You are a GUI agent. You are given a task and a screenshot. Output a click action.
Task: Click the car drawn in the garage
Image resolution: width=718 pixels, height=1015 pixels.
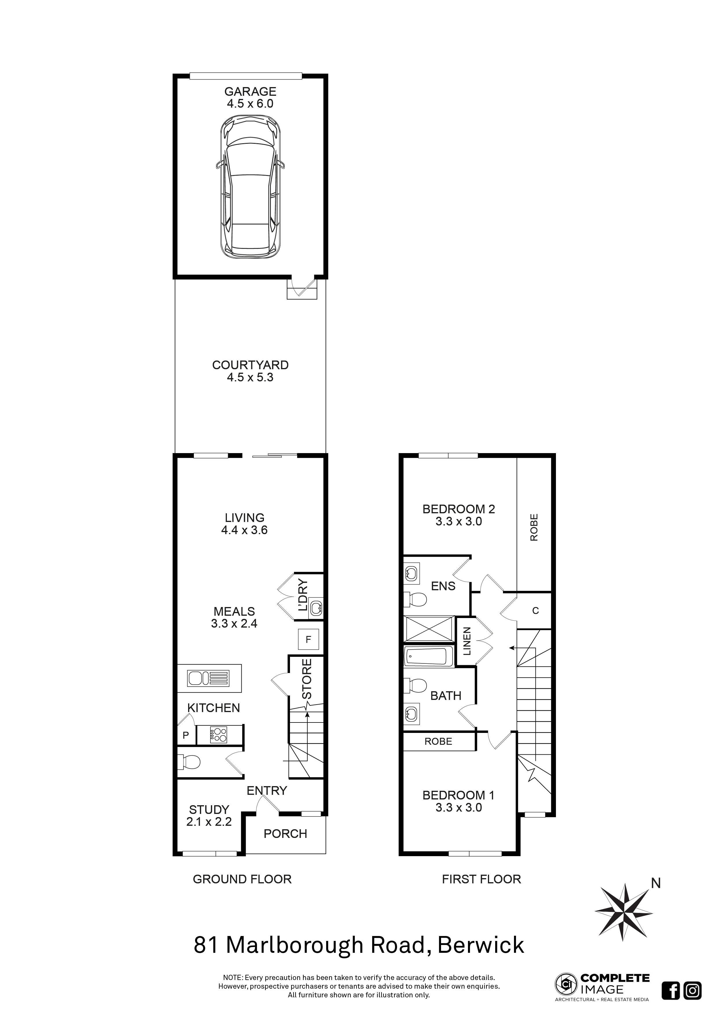click(251, 187)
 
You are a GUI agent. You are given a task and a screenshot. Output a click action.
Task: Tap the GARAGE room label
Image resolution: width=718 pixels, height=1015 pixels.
click(250, 91)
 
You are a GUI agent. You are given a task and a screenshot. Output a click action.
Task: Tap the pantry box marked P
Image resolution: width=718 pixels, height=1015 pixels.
click(186, 735)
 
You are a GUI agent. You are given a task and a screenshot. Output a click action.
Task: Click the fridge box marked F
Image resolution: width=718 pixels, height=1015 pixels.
click(308, 639)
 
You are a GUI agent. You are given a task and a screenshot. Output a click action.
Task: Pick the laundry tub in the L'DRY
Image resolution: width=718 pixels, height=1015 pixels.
click(316, 608)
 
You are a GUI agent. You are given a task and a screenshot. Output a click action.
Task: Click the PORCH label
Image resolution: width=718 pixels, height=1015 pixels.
click(285, 834)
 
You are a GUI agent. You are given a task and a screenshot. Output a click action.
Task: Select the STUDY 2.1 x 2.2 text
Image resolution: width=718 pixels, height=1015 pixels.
click(209, 816)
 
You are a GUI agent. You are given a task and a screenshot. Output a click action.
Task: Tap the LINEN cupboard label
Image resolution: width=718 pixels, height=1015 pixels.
click(467, 641)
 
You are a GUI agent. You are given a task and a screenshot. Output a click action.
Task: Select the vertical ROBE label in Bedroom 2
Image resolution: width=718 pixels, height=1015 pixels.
click(534, 527)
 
